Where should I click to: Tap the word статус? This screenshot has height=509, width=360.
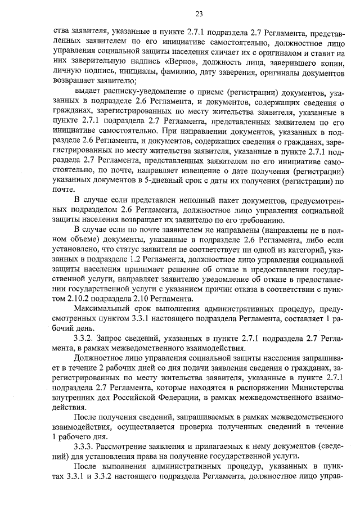(137, 249)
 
